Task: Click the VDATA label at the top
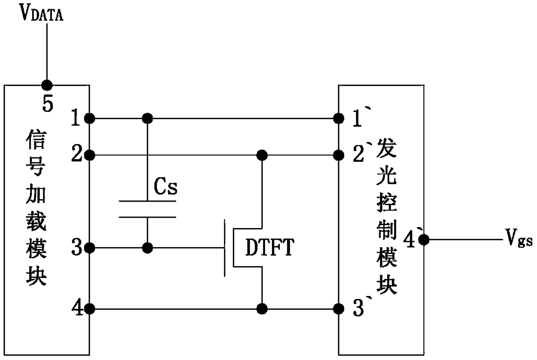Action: click(41, 13)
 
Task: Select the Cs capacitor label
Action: click(165, 186)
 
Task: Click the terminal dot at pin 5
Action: click(47, 85)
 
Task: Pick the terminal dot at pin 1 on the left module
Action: click(90, 118)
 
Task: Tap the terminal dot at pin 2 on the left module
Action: click(90, 155)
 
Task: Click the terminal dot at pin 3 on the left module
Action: click(90, 248)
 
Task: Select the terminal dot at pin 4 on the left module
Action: click(90, 309)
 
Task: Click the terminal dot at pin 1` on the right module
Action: click(339, 118)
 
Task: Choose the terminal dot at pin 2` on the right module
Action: click(339, 155)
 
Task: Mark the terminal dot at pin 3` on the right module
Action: click(339, 309)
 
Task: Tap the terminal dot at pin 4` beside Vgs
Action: click(424, 240)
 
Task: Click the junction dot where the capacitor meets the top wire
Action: click(147, 118)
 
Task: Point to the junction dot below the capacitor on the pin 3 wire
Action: click(147, 248)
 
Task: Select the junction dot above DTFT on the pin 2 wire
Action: click(262, 155)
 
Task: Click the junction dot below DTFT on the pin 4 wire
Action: click(262, 309)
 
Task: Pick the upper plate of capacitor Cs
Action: click(147, 201)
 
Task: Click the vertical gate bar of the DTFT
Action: click(225, 248)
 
